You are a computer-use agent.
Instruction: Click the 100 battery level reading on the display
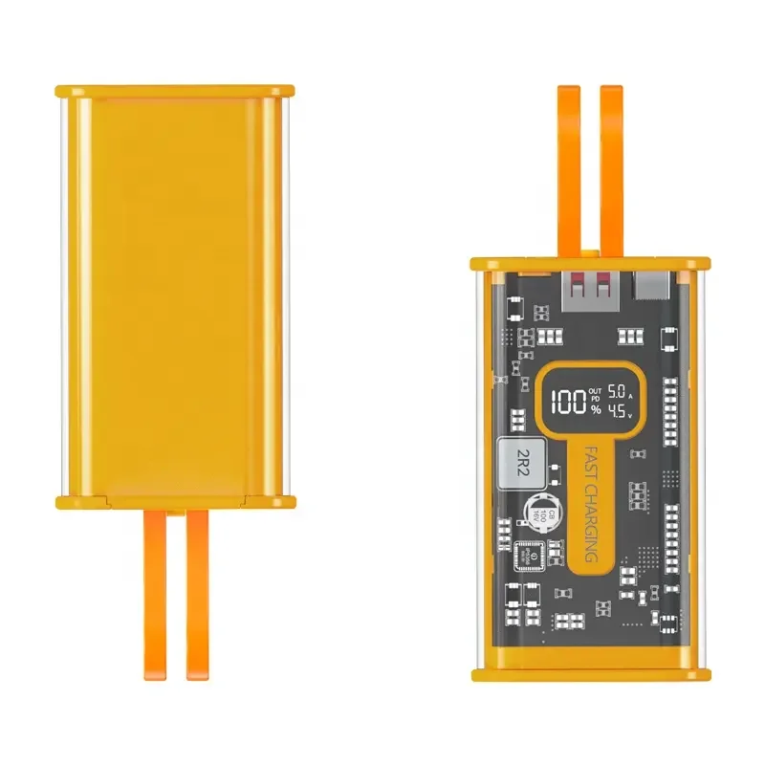569,400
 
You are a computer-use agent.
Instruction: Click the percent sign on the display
596,409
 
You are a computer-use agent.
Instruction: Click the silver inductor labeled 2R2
522,460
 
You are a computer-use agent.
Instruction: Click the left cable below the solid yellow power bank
154,593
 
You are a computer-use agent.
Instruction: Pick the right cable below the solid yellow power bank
197,593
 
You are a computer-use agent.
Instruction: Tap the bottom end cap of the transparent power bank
591,673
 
